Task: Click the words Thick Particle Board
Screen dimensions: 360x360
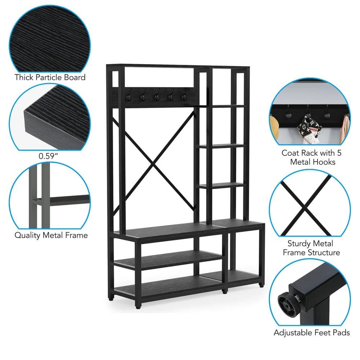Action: pos(50,77)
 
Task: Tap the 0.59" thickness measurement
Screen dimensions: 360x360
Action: pos(48,156)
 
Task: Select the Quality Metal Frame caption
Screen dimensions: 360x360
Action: pos(51,235)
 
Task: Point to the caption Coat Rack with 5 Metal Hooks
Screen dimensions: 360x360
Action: pos(312,158)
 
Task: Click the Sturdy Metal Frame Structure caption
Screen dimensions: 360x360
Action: pos(311,248)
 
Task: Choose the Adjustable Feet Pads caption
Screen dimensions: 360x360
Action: pos(311,332)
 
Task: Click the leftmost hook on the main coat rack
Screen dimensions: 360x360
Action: pos(128,96)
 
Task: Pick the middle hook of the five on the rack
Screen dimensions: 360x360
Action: pos(157,97)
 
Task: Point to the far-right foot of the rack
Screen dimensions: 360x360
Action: pos(261,285)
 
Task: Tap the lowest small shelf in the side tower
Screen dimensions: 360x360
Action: pos(221,185)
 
